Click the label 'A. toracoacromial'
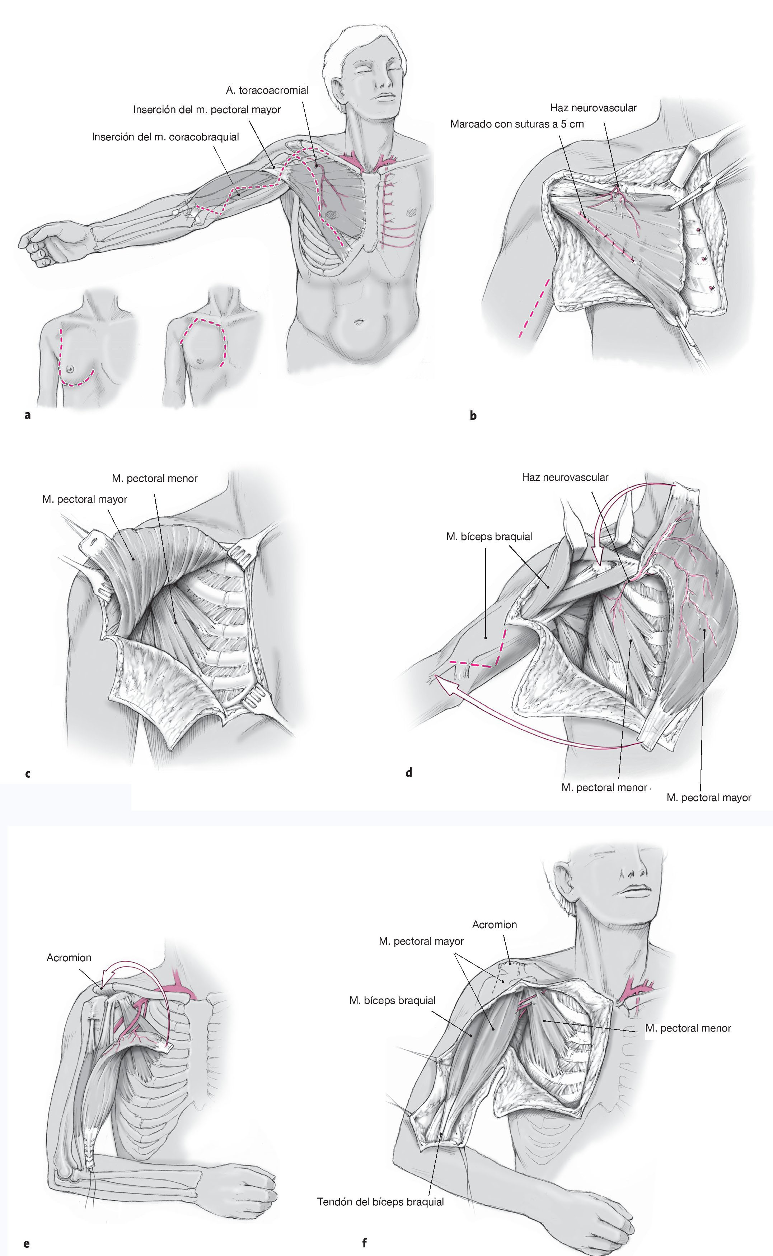(x=267, y=90)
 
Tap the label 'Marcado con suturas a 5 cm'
(x=516, y=124)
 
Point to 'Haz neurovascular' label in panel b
(x=593, y=108)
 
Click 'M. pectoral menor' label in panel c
(x=154, y=479)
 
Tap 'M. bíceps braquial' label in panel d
(x=489, y=536)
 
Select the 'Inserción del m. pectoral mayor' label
(x=207, y=110)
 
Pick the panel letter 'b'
(x=473, y=416)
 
